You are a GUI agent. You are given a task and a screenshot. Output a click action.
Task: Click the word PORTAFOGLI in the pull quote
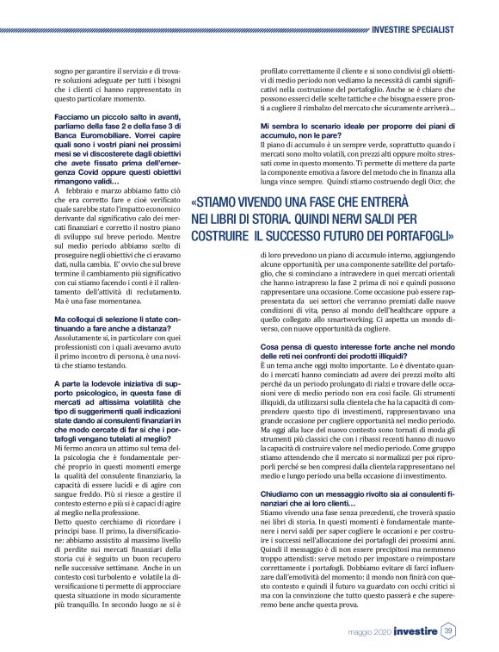click(410, 235)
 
